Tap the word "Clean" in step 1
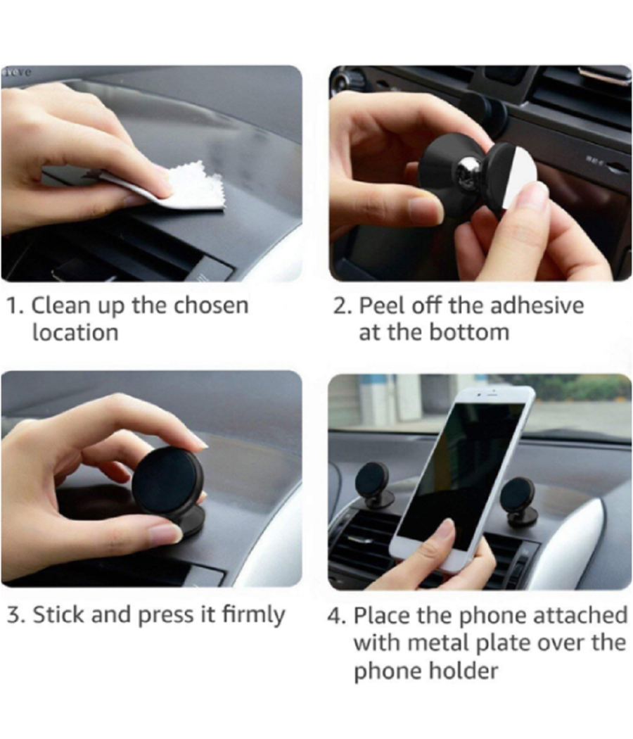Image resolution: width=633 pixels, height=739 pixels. click(x=60, y=306)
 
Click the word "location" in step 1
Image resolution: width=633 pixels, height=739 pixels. click(x=75, y=332)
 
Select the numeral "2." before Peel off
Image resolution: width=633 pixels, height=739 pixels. click(x=343, y=306)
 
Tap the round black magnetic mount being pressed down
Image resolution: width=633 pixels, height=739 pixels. click(x=167, y=481)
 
